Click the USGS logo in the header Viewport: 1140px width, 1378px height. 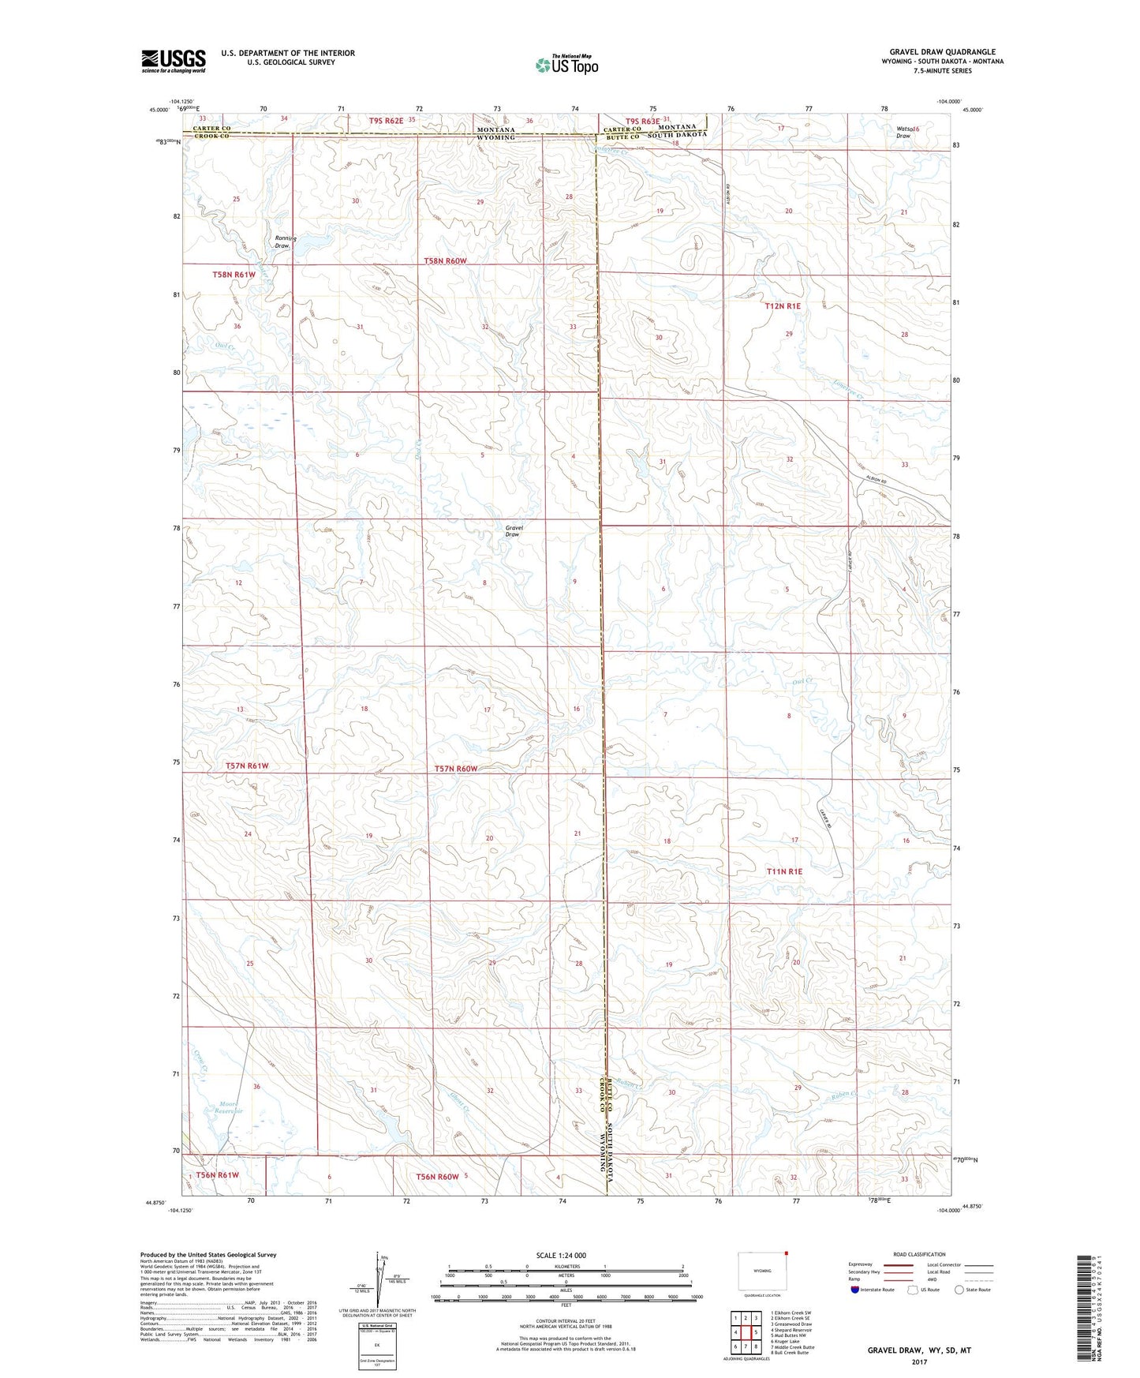coord(173,61)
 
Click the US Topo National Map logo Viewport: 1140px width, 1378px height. coord(566,64)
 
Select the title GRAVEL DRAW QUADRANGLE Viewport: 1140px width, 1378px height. coord(942,52)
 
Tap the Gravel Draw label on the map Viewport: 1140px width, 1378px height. coord(513,531)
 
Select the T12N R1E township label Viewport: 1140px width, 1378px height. coord(783,305)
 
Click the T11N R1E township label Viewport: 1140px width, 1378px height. coord(783,871)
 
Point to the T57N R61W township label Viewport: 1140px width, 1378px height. coord(247,766)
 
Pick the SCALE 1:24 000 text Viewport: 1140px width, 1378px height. coord(561,1256)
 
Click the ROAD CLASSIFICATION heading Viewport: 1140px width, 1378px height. coord(919,1254)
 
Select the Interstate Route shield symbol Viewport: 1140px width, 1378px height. coord(854,1290)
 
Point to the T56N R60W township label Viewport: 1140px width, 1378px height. coord(439,1176)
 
